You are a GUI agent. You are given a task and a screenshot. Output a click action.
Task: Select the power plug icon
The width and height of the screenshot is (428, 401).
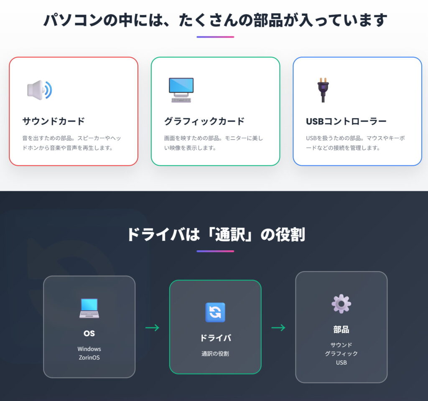(323, 90)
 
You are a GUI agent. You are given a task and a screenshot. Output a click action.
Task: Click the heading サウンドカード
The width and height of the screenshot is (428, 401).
(53, 122)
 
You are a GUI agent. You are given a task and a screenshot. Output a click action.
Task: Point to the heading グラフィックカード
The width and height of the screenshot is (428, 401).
(204, 122)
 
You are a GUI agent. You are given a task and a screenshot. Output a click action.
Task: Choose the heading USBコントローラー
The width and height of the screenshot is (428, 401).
(346, 122)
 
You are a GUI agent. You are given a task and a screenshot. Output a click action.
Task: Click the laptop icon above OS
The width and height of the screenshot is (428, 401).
(89, 308)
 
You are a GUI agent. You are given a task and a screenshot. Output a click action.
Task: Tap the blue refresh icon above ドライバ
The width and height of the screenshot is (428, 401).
(215, 312)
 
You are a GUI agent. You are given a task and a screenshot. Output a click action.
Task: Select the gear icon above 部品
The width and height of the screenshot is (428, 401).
(341, 304)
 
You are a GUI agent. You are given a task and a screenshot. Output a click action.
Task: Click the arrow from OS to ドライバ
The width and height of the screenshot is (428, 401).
(153, 328)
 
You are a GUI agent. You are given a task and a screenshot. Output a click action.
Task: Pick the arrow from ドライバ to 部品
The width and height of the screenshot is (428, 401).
(278, 328)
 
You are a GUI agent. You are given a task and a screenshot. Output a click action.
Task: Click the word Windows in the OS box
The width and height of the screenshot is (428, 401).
(89, 349)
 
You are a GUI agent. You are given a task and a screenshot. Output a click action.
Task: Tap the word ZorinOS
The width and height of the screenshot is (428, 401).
(89, 358)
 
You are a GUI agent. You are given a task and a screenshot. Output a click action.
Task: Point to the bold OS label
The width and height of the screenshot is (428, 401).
(89, 333)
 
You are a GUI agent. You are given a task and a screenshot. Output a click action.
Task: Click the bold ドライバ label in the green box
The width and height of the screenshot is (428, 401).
(215, 338)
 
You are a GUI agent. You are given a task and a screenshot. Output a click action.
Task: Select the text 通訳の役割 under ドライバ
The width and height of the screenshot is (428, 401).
(215, 353)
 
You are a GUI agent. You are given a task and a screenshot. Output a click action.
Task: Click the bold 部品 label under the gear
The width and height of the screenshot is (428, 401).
(341, 330)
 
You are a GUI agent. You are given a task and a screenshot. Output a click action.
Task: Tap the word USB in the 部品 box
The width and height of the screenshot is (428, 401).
(341, 363)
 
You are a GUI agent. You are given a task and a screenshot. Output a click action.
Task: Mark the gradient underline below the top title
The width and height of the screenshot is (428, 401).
(215, 37)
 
